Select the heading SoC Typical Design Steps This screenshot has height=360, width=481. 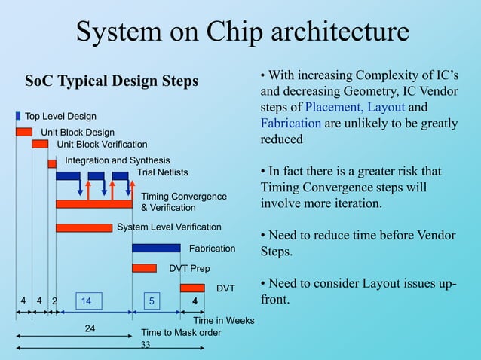tap(112, 81)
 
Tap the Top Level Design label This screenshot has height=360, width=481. tap(61, 117)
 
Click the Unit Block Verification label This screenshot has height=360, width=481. tap(102, 145)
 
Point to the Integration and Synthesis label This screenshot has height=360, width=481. tap(117, 160)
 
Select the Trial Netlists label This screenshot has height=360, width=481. tap(162, 172)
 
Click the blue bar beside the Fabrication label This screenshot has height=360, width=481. tap(156, 248)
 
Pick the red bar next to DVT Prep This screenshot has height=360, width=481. tap(144, 268)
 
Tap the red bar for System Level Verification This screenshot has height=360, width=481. tap(84, 227)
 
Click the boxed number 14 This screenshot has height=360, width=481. tap(87, 301)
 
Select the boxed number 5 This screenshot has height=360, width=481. tap(152, 301)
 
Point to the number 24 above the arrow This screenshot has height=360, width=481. tap(90, 328)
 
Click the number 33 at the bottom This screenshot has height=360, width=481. tap(146, 345)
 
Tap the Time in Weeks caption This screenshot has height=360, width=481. tap(224, 321)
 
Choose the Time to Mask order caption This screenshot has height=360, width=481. tap(181, 332)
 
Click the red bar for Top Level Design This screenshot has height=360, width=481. tap(24, 132)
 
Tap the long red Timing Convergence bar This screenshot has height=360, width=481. tap(94, 203)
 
